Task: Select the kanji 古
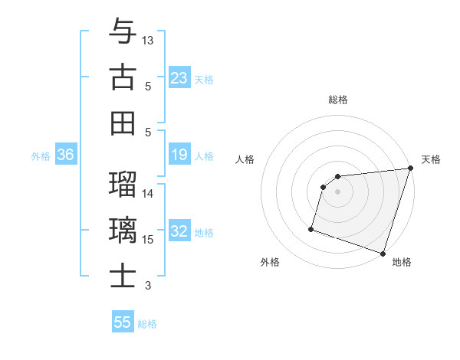point(123,77)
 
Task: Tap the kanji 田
point(123,123)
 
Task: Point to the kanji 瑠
point(123,184)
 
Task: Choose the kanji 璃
point(123,230)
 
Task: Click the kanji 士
point(123,276)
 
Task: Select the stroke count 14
point(149,193)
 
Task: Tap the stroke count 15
point(149,240)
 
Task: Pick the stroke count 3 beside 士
point(149,286)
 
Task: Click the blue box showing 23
point(179,77)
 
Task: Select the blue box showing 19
point(179,155)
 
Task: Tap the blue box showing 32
point(179,232)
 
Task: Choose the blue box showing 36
point(66,155)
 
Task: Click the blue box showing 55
point(123,322)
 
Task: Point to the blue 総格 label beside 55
point(147,324)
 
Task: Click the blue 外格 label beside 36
point(41,156)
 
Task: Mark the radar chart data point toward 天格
point(410,169)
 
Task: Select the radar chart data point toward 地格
point(383,253)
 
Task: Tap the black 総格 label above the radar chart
point(338,100)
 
